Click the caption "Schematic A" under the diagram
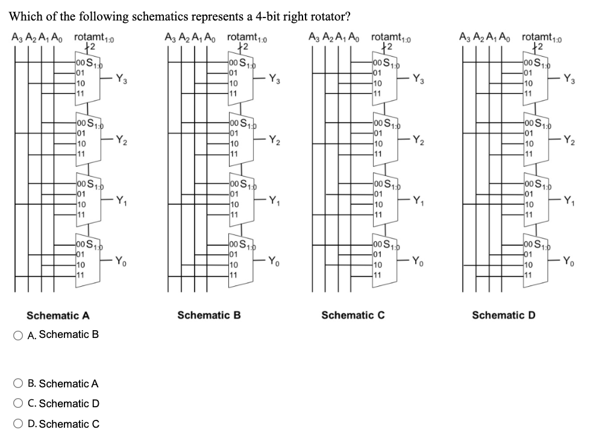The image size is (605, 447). [x=58, y=316]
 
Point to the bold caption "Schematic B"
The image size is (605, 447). [x=209, y=315]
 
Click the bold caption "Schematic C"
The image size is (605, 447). [x=353, y=315]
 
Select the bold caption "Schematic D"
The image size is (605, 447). [x=503, y=315]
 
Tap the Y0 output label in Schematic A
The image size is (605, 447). [x=121, y=261]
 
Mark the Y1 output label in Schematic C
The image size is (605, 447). [x=418, y=201]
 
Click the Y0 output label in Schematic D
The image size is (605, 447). [x=568, y=261]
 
